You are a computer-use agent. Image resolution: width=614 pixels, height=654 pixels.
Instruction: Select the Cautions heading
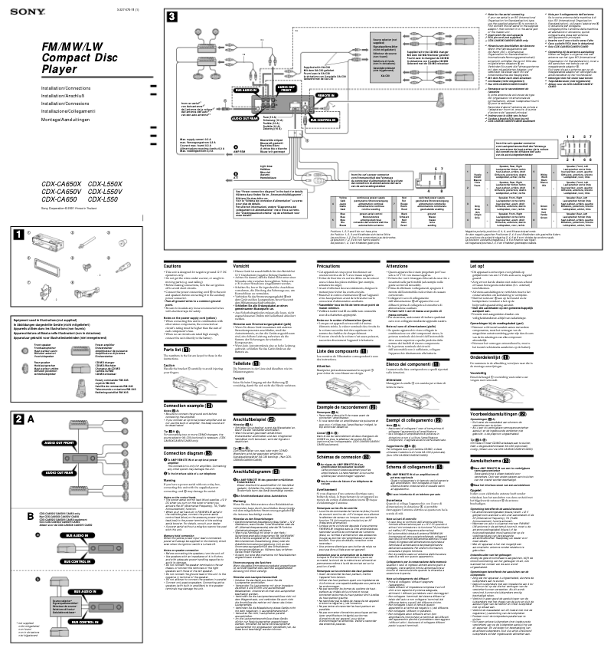point(173,245)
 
